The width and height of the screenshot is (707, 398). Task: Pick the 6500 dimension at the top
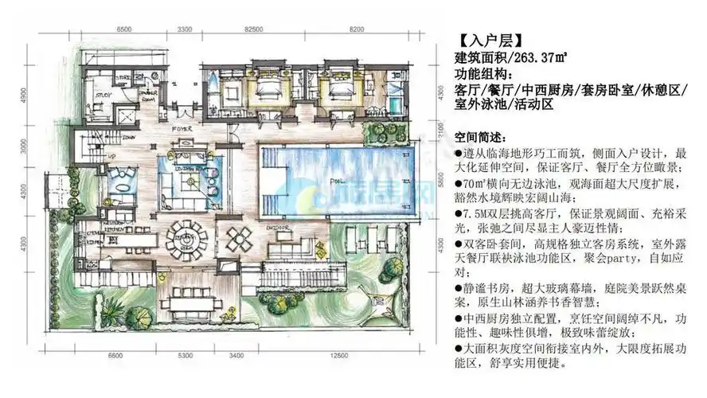(124, 29)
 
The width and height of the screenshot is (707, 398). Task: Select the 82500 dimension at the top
(255, 29)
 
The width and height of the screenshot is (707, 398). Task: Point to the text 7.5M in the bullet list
(477, 215)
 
